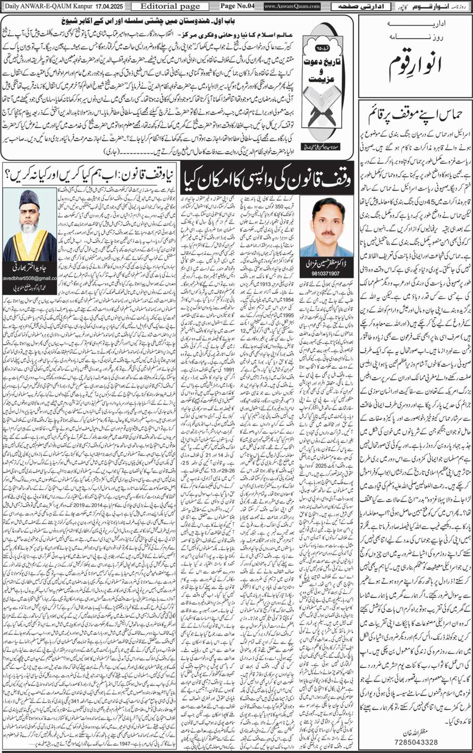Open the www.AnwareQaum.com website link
tap(291, 6)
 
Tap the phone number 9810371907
tap(325, 272)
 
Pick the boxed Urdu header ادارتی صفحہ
tap(352, 6)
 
